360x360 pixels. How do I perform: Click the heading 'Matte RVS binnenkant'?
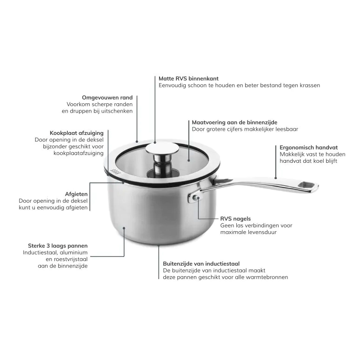(188, 79)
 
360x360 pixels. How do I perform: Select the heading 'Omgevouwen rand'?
(107, 98)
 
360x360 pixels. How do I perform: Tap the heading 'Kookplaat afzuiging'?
(77, 133)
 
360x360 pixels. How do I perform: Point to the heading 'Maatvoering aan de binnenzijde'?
(234, 122)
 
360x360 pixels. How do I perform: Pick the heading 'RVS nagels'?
(235, 218)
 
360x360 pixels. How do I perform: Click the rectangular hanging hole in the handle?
(307, 187)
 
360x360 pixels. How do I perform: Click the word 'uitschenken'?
(116, 111)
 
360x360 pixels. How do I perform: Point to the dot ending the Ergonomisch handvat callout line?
(275, 178)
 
